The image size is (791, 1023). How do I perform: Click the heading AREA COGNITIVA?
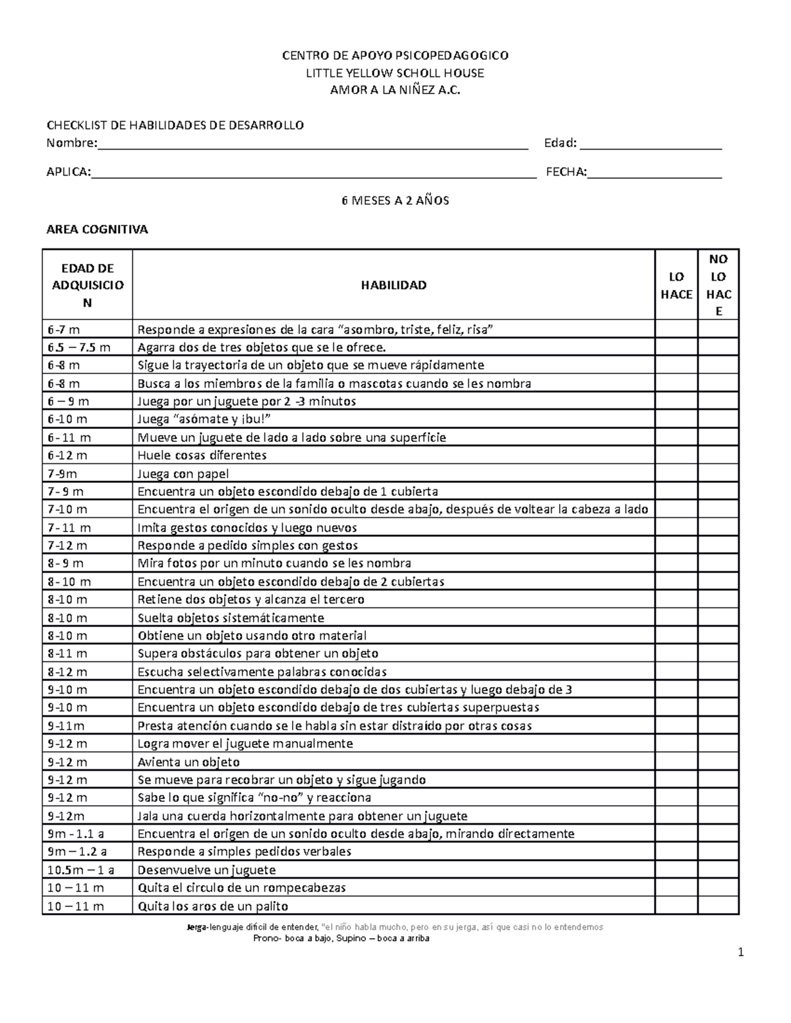[97, 230]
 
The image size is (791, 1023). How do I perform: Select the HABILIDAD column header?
[394, 285]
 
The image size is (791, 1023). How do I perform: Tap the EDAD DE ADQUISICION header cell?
[87, 285]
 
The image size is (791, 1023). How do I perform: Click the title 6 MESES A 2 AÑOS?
[395, 201]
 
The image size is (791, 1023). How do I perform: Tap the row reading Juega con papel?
[183, 474]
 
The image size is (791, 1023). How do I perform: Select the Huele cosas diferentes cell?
[202, 455]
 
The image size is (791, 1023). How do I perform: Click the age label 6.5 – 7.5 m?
[78, 347]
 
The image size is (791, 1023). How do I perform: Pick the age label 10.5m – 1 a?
[80, 870]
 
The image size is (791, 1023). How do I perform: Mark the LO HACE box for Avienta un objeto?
[676, 762]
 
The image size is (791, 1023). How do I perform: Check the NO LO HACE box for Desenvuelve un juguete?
[718, 870]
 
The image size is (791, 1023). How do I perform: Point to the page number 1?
[741, 952]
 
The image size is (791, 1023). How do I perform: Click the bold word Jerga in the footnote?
[196, 927]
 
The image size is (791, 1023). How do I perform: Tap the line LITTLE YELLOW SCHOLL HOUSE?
[395, 73]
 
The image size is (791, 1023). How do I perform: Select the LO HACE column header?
[676, 285]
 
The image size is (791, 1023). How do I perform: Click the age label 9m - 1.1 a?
[76, 834]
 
